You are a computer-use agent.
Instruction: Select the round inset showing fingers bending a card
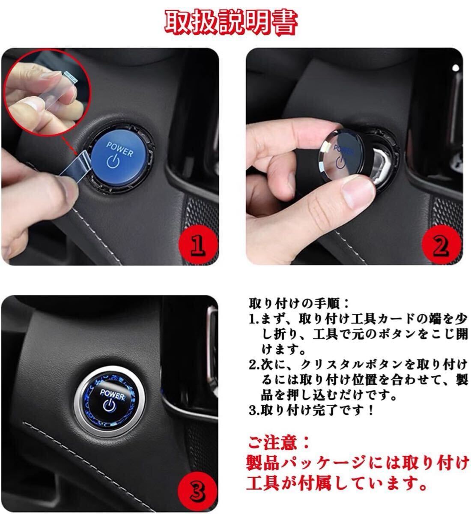[x=48, y=92]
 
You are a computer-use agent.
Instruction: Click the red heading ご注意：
[x=279, y=443]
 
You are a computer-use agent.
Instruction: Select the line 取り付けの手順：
[x=299, y=304]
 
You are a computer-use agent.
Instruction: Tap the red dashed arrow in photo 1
[x=70, y=146]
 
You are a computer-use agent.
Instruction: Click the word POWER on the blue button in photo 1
[x=120, y=149]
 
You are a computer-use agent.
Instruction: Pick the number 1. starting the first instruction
[x=254, y=319]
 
